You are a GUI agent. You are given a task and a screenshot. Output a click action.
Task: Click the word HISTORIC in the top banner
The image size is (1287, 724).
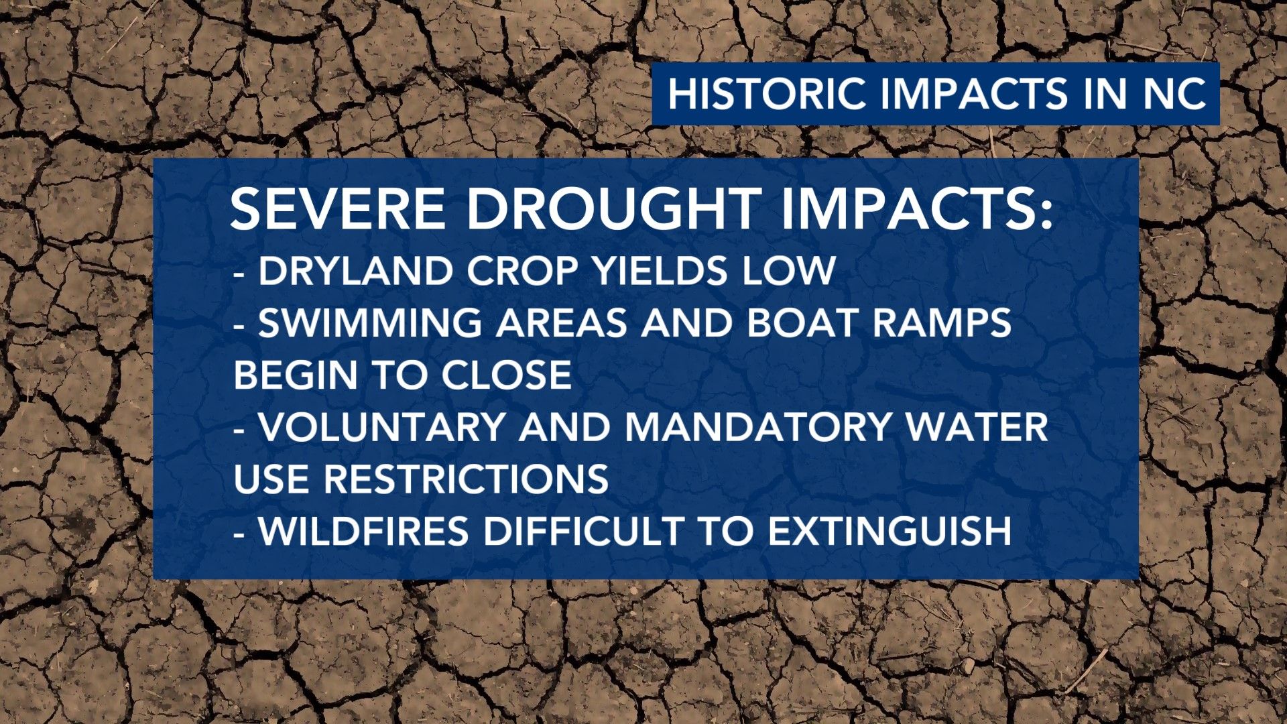(767, 93)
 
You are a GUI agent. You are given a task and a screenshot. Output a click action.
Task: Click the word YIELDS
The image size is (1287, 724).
(660, 271)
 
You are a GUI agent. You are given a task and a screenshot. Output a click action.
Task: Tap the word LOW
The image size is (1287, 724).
(788, 271)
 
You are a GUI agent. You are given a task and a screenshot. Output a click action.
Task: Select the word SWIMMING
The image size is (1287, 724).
(370, 322)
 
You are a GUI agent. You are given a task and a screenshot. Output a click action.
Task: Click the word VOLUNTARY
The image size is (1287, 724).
(381, 427)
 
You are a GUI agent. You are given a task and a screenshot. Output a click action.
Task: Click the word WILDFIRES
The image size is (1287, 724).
(363, 532)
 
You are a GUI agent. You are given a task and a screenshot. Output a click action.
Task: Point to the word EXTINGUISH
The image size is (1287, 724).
(890, 532)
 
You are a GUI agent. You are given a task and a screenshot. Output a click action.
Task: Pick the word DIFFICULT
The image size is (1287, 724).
(583, 532)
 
